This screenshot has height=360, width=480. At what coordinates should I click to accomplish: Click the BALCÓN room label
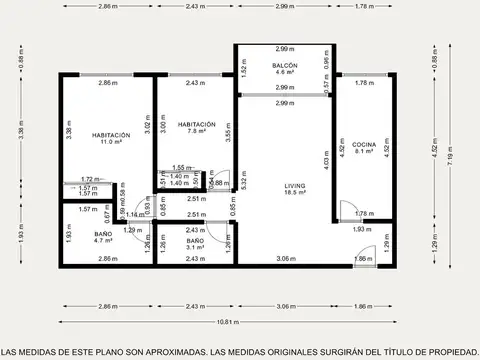[285, 65]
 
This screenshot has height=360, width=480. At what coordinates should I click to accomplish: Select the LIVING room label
[295, 185]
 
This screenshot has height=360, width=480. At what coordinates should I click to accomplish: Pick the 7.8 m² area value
[195, 132]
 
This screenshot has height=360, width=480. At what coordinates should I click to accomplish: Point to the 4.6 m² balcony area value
[285, 73]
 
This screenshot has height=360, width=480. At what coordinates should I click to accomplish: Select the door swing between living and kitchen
[343, 209]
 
